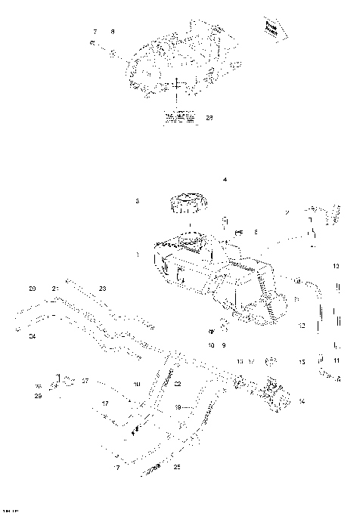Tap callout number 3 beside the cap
[137, 202]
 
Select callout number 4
[224, 180]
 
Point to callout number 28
[209, 117]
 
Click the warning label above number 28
[178, 117]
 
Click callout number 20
[32, 289]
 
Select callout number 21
[55, 289]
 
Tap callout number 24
[32, 335]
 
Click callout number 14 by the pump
[302, 400]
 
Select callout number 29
[37, 395]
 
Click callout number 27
[85, 381]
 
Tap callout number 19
[178, 407]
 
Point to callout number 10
[212, 345]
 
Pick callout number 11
[337, 360]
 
